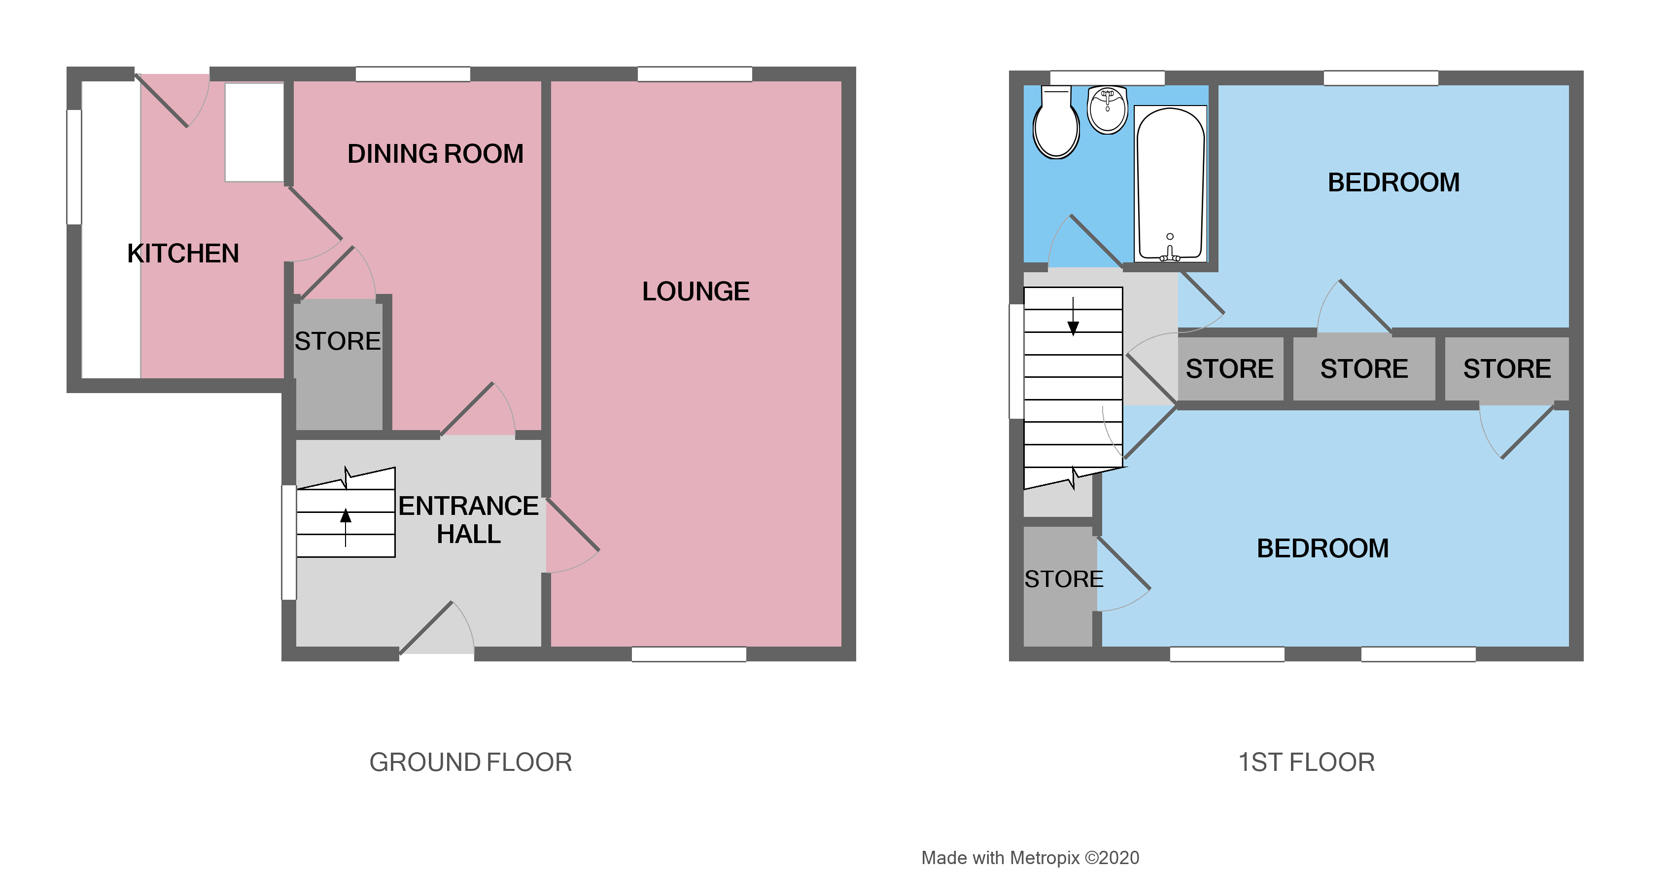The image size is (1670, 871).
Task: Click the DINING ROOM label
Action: [435, 154]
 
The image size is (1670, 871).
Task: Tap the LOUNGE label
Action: [696, 291]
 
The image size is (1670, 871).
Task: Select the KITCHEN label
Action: [183, 254]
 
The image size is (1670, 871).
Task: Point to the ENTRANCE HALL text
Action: [468, 519]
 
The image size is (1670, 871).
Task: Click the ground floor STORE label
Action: [337, 341]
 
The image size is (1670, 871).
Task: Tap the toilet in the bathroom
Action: [1055, 123]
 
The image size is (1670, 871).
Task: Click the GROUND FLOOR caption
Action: [471, 762]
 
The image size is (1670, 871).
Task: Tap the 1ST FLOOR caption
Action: [1306, 762]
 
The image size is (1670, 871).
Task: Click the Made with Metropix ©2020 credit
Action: [1030, 857]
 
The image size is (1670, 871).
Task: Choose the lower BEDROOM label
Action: [1322, 548]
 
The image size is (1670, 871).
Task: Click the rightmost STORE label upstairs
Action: [1507, 368]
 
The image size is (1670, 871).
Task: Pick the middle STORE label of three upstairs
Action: [1364, 368]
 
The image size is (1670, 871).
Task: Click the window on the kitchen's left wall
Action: [74, 167]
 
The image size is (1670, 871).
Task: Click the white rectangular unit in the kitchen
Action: [254, 132]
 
